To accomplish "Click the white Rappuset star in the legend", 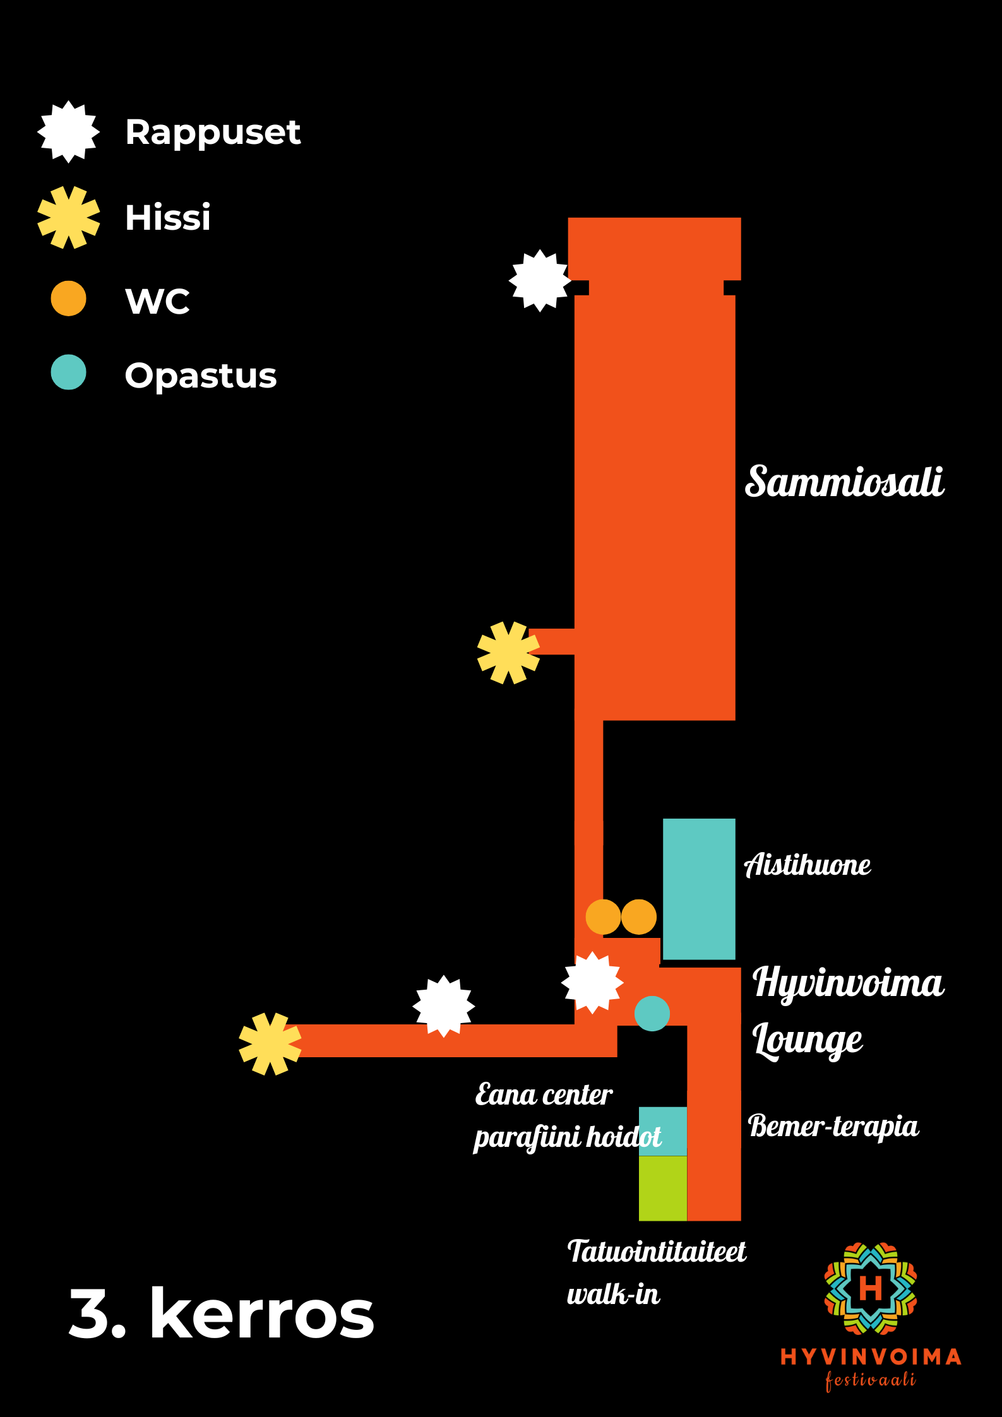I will pyautogui.click(x=68, y=132).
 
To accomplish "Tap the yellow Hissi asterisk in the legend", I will pyautogui.click(x=68, y=217).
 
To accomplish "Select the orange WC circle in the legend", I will pyautogui.click(x=68, y=299).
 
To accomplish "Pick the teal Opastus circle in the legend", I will pyautogui.click(x=68, y=372).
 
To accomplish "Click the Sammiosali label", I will pyautogui.click(x=844, y=482).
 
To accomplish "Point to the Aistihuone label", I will pyautogui.click(x=808, y=865).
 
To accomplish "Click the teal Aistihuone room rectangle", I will pyautogui.click(x=699, y=889).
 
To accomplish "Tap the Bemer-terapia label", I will pyautogui.click(x=833, y=1127).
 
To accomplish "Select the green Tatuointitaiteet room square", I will pyautogui.click(x=662, y=1188).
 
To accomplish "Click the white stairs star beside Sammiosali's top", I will pyautogui.click(x=540, y=281).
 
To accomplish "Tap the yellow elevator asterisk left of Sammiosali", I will pyautogui.click(x=508, y=653).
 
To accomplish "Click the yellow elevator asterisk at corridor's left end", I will pyautogui.click(x=270, y=1044).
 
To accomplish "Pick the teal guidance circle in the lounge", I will pyautogui.click(x=652, y=1014).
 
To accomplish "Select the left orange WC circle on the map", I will pyautogui.click(x=603, y=917).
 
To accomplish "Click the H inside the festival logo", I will pyautogui.click(x=870, y=1288).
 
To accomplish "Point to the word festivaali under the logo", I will pyautogui.click(x=870, y=1380).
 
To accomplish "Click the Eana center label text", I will pyautogui.click(x=544, y=1095).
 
